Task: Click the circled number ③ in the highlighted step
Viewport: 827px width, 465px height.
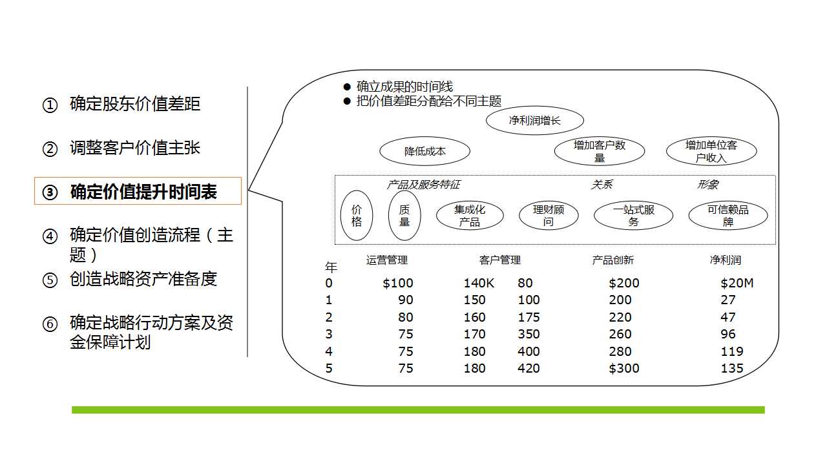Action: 50,192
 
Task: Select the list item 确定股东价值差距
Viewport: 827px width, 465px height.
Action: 135,104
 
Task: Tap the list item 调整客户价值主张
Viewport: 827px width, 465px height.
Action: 135,148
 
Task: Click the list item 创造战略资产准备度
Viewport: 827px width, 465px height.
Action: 143,279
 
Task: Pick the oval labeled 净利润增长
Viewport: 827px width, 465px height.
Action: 534,120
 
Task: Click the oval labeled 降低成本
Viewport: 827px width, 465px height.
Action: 424,151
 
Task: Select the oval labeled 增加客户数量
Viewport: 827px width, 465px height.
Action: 600,151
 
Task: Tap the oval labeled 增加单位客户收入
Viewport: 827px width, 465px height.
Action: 711,151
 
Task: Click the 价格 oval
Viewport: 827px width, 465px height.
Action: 357,216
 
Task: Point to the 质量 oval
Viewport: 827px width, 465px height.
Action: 404,216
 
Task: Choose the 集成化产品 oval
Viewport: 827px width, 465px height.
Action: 470,216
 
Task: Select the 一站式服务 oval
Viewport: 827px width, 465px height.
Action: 634,216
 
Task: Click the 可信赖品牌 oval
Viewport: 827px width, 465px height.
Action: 728,216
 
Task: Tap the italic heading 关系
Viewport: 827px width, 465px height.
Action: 602,185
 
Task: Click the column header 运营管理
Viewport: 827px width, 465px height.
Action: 387,260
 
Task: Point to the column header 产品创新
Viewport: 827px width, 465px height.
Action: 613,260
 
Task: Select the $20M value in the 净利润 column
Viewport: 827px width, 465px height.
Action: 737,283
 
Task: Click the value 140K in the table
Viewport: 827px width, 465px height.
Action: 479,283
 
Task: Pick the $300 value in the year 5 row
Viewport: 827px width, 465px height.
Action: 624,368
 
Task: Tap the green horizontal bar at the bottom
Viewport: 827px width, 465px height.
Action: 418,410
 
